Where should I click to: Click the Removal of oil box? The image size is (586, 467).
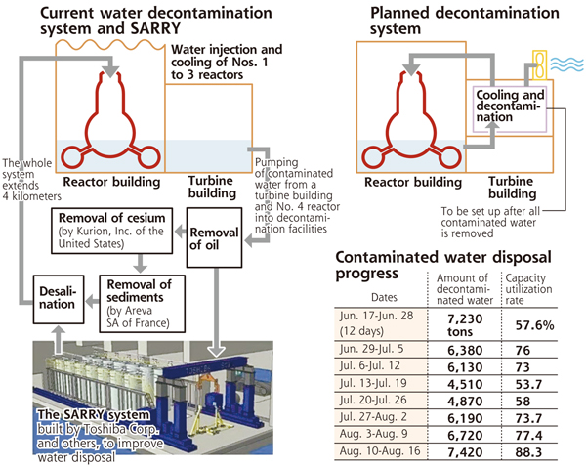point(214,237)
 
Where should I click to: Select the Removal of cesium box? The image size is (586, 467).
point(111,231)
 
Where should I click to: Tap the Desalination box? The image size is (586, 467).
point(59,299)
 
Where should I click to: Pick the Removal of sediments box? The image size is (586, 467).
point(142,304)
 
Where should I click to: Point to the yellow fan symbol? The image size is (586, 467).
point(539,65)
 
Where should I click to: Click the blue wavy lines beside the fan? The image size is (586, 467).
point(566,65)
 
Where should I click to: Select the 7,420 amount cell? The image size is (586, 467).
point(465,452)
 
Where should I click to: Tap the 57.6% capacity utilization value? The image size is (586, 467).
point(534,325)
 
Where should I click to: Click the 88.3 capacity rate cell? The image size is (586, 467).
point(528,452)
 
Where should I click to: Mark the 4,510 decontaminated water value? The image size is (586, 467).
point(465,384)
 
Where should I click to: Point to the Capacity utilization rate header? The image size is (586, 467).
point(528,289)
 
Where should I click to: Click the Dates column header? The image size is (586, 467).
point(384,297)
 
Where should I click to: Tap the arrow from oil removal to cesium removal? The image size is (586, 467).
point(181,232)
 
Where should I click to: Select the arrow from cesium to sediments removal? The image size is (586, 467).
point(140,264)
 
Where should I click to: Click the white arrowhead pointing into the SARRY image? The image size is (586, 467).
point(216,351)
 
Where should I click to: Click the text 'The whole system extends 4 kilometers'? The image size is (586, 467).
point(31,180)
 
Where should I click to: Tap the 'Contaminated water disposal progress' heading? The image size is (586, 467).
point(443,265)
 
